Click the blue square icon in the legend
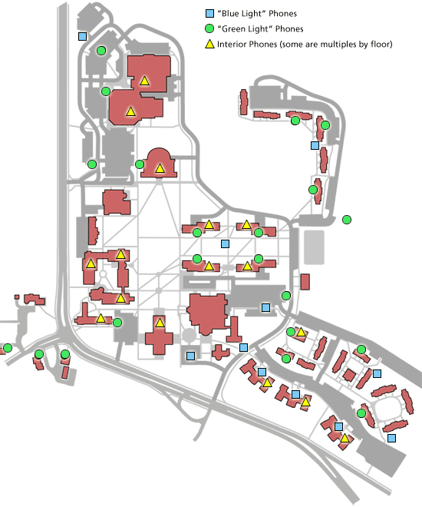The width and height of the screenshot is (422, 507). [210, 13]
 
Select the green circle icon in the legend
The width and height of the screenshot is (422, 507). [209, 28]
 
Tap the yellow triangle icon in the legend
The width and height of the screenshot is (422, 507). [210, 44]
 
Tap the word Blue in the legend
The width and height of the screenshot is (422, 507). [230, 13]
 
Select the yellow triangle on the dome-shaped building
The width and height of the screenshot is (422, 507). [160, 168]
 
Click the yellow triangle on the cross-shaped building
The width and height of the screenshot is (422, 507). [160, 323]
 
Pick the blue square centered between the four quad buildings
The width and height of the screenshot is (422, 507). [225, 244]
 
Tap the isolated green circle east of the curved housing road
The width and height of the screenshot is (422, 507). [347, 220]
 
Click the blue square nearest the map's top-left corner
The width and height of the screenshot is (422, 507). [82, 36]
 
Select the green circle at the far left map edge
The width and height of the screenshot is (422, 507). [8, 348]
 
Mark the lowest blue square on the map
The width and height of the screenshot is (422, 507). [391, 438]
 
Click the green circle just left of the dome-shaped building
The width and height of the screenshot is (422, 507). [140, 164]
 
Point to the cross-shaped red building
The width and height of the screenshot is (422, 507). [159, 335]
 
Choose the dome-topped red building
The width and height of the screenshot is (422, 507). [159, 163]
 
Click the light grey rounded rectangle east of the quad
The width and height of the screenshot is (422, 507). [314, 247]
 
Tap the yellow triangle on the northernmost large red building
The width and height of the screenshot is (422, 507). [145, 81]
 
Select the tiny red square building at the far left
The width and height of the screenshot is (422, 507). [17, 297]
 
